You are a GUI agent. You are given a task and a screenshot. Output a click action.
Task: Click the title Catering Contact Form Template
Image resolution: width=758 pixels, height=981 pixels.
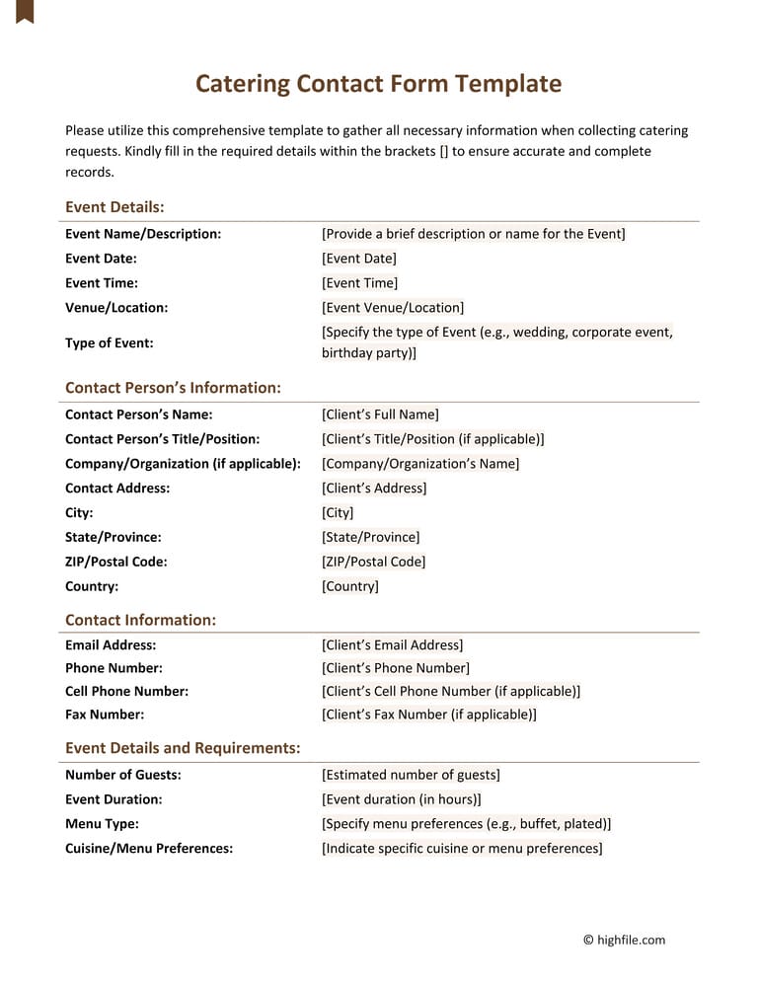pyautogui.click(x=378, y=84)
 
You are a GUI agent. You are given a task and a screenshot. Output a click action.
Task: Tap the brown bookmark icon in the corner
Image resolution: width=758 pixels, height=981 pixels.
pyautogui.click(x=25, y=11)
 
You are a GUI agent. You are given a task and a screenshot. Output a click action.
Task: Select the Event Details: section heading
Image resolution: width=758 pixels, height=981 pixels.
pyautogui.click(x=114, y=207)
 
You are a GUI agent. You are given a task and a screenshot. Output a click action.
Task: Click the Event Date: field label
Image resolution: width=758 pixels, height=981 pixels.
pyautogui.click(x=101, y=259)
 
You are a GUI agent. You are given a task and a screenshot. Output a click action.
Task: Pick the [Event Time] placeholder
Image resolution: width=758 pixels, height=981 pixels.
pyautogui.click(x=359, y=283)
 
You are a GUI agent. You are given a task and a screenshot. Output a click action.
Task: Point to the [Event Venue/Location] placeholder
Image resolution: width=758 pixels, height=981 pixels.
pyautogui.click(x=393, y=308)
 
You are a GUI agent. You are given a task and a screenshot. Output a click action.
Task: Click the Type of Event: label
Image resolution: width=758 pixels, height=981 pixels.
pyautogui.click(x=109, y=343)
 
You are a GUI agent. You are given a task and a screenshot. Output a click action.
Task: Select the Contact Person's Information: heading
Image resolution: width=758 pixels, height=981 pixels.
pyautogui.click(x=173, y=388)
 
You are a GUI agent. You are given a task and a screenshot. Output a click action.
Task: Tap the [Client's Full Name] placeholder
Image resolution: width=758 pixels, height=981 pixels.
pyautogui.click(x=380, y=415)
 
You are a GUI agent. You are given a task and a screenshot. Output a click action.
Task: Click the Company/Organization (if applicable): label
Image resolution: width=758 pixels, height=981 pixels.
pyautogui.click(x=183, y=464)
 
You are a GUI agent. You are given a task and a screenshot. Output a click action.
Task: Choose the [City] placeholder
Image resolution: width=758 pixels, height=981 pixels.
pyautogui.click(x=338, y=513)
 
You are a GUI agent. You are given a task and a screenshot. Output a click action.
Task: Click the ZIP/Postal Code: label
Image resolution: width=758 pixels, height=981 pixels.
pyautogui.click(x=116, y=562)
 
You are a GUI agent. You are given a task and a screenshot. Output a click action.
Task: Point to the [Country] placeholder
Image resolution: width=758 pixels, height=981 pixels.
pyautogui.click(x=350, y=586)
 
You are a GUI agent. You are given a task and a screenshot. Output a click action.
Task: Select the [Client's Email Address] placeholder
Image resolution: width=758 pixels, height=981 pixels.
pyautogui.click(x=392, y=645)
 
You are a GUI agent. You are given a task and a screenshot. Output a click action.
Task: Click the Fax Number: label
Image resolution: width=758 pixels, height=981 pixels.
pyautogui.click(x=105, y=715)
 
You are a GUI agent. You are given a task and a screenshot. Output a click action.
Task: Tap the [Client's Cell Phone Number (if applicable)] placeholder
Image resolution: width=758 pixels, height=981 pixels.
pyautogui.click(x=451, y=692)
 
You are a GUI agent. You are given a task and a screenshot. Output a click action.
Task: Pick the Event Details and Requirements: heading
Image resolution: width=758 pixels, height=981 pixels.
pyautogui.click(x=183, y=748)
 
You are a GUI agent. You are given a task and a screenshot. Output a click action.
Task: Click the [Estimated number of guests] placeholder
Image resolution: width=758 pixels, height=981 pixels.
pyautogui.click(x=411, y=775)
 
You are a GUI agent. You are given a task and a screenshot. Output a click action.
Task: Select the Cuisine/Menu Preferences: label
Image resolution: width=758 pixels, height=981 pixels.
pyautogui.click(x=149, y=849)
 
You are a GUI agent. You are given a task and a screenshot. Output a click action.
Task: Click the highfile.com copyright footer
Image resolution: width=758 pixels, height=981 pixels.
pyautogui.click(x=624, y=941)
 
